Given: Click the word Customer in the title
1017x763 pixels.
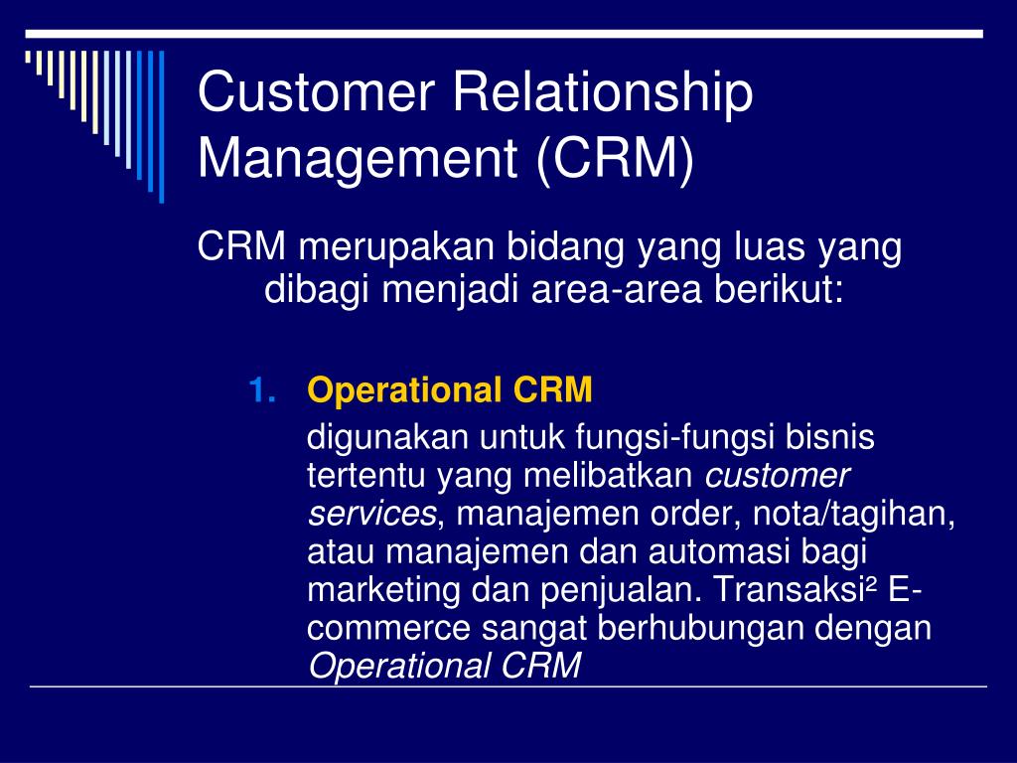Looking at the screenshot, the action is click(316, 91).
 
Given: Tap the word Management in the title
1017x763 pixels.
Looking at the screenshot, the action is click(358, 160).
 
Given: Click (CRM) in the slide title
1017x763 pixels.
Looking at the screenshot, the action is click(615, 160).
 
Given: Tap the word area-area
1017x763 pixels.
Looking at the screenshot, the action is click(616, 289).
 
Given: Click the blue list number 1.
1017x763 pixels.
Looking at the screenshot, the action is click(262, 390).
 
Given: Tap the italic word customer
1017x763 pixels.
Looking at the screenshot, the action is click(777, 477).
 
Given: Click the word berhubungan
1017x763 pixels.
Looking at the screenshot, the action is click(699, 628).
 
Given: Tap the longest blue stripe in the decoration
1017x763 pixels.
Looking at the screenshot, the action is click(162, 127).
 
